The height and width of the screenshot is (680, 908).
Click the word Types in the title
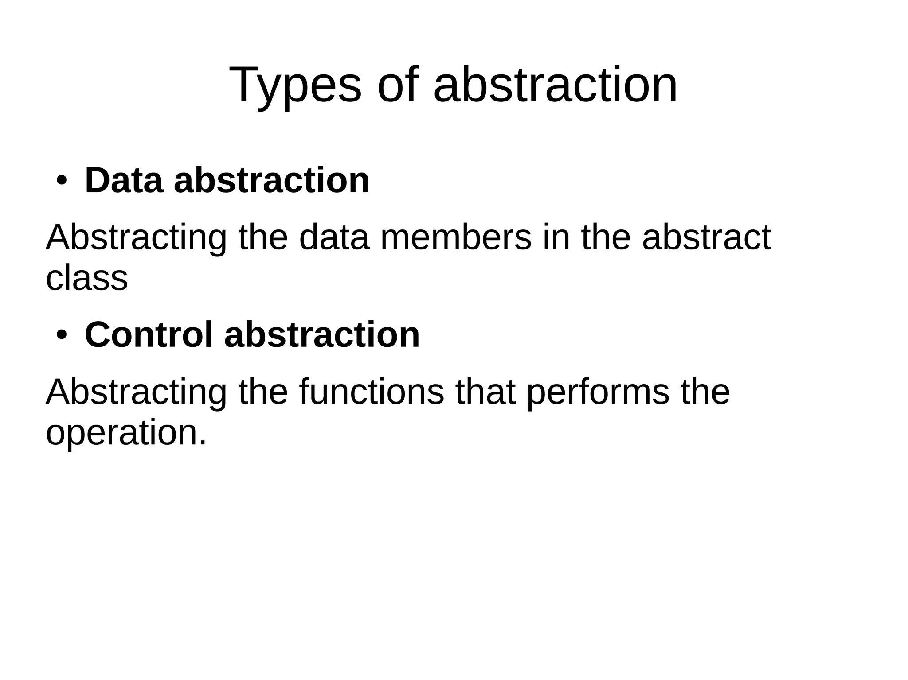(x=295, y=85)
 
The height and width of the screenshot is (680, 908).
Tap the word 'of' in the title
(x=398, y=85)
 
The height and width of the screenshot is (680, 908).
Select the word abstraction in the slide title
(x=556, y=85)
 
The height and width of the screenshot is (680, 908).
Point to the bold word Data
(x=124, y=181)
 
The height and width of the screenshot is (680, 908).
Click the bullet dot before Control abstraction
(x=61, y=335)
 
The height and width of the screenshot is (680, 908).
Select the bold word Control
(x=149, y=335)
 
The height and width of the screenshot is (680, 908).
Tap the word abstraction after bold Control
(x=322, y=335)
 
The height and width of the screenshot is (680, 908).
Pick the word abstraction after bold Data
(x=271, y=181)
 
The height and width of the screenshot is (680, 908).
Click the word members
(x=455, y=238)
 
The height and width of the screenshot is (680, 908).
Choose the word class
(x=87, y=278)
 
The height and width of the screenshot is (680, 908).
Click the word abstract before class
(x=706, y=238)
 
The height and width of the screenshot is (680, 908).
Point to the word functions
(x=372, y=392)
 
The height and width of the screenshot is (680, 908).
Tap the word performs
(x=598, y=392)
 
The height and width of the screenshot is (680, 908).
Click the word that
(x=485, y=392)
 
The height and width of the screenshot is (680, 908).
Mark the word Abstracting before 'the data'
(x=136, y=238)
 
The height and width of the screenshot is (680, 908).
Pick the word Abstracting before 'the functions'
(x=136, y=392)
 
